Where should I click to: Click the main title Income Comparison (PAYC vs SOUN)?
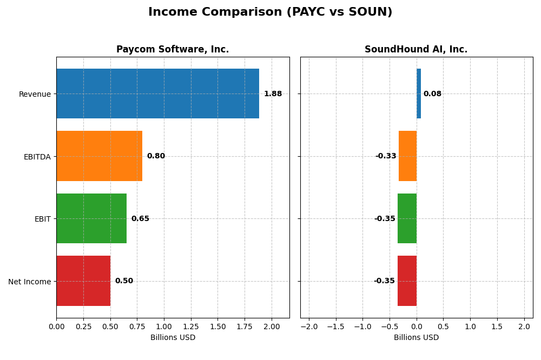(270, 12)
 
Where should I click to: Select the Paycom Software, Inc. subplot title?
(173, 49)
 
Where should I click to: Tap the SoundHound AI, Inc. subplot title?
(416, 49)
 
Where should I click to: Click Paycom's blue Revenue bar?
(157, 94)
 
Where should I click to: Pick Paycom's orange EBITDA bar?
(99, 156)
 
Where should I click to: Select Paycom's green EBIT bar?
(91, 218)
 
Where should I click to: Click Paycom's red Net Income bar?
(83, 281)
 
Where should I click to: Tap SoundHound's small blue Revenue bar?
(419, 94)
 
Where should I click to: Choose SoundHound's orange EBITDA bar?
(407, 156)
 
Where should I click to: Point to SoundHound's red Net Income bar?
(407, 281)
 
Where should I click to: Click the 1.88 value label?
(273, 94)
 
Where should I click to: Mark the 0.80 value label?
(156, 156)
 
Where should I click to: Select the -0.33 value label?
(386, 156)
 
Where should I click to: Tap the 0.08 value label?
(432, 94)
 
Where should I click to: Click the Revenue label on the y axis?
(35, 94)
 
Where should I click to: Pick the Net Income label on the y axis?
(29, 282)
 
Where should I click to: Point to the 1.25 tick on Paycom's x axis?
(191, 326)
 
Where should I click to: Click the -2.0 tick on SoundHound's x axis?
(309, 326)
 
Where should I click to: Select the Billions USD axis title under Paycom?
(173, 337)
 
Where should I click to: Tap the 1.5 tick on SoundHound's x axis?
(497, 326)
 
